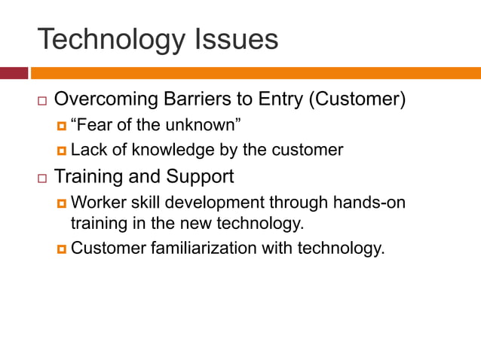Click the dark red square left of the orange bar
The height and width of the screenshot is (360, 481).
[14, 73]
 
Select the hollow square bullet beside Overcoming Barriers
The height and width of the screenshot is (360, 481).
[41, 100]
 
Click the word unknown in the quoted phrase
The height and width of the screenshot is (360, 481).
[207, 124]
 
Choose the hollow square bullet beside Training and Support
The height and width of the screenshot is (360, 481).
[41, 178]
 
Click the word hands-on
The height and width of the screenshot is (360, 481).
[381, 202]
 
